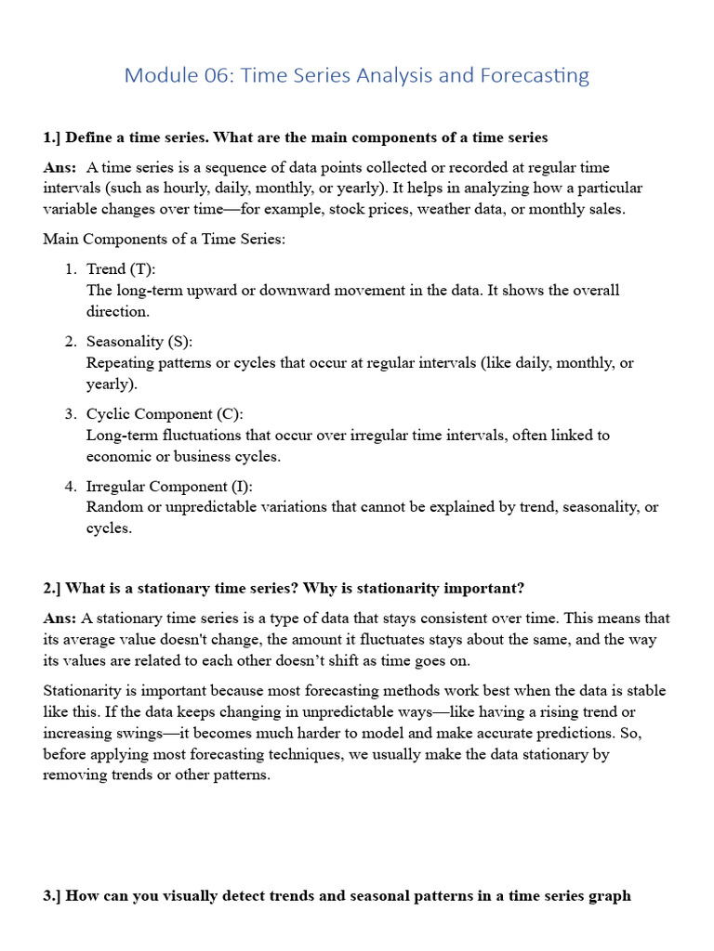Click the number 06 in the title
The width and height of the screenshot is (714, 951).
[218, 75]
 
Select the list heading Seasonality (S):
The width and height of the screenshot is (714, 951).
[139, 342]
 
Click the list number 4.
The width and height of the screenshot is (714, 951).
[70, 487]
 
